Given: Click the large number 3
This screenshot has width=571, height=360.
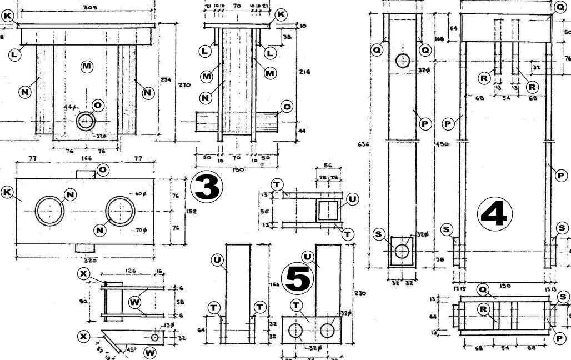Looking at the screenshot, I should [207, 188].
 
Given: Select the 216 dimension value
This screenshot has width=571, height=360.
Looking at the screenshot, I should [304, 72].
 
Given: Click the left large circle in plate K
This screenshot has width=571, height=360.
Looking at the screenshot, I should [51, 211].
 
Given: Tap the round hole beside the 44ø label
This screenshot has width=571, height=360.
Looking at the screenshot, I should [86, 121].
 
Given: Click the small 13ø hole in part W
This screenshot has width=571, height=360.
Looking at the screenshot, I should [154, 337].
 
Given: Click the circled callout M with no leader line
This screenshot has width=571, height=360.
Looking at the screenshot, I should [87, 67].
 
